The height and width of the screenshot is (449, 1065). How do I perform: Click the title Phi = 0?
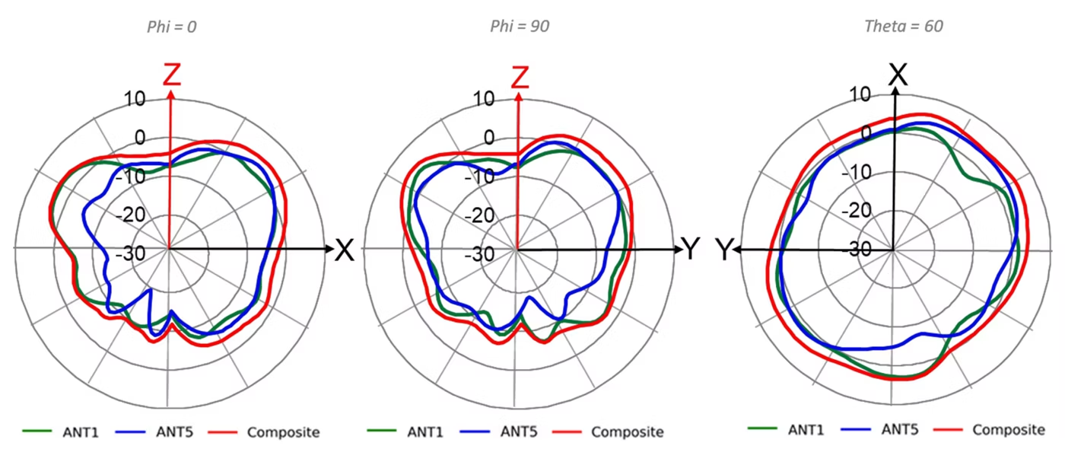pyautogui.click(x=172, y=27)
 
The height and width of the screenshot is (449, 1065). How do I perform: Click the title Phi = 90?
pyautogui.click(x=520, y=27)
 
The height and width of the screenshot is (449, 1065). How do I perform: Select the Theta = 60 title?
pyautogui.click(x=904, y=26)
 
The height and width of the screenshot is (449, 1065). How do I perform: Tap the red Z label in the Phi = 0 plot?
pyautogui.click(x=172, y=75)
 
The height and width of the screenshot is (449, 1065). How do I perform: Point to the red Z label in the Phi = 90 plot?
pyautogui.click(x=520, y=77)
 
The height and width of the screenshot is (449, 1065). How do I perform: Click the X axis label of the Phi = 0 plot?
pyautogui.click(x=345, y=250)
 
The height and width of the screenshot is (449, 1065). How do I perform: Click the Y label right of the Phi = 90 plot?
pyautogui.click(x=691, y=248)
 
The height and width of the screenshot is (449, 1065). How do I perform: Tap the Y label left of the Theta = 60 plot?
pyautogui.click(x=723, y=250)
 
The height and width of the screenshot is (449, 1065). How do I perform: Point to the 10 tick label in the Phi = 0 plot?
pyautogui.click(x=135, y=99)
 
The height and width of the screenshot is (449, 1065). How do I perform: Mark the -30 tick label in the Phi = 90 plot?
pyautogui.click(x=479, y=254)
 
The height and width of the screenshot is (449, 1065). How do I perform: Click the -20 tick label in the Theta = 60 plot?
pyautogui.click(x=857, y=210)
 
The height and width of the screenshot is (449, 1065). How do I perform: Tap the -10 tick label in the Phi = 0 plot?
pyautogui.click(x=131, y=177)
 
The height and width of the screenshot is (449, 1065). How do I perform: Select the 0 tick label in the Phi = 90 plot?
pyautogui.click(x=489, y=138)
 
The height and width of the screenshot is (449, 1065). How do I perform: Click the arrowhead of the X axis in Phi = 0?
pyautogui.click(x=329, y=249)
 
